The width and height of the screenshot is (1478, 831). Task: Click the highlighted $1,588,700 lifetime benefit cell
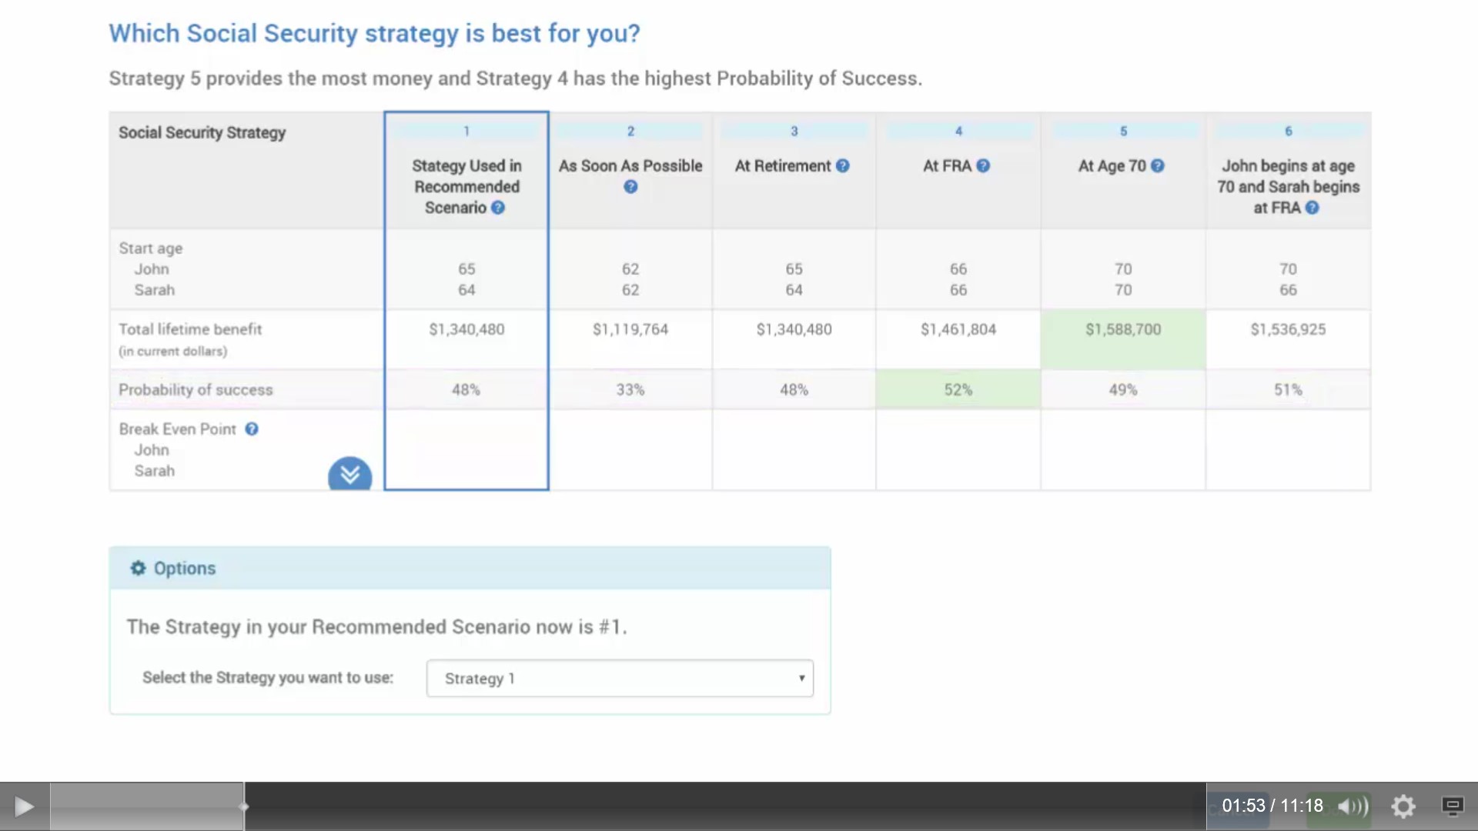1123,339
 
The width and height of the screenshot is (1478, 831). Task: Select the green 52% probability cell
958,389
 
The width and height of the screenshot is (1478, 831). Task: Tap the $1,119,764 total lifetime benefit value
630,329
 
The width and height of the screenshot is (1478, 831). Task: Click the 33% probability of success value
630,389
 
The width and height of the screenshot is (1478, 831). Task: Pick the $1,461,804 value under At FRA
958,329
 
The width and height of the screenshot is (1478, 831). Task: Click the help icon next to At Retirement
843,165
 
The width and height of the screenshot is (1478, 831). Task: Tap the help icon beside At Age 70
1158,165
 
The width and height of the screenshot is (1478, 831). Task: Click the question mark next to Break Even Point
252,429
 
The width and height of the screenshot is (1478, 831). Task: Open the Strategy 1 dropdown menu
620,678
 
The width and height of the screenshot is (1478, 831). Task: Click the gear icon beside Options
138,568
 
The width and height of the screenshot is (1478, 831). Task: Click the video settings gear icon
1403,806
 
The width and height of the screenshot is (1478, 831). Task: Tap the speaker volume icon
1353,806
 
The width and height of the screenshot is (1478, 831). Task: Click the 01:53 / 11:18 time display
1272,806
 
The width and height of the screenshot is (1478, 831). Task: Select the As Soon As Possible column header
630,165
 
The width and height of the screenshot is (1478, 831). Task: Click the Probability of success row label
196,389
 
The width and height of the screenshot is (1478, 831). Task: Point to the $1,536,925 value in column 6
1288,329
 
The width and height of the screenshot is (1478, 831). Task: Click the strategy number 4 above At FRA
958,131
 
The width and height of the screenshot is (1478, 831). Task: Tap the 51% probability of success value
1288,389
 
